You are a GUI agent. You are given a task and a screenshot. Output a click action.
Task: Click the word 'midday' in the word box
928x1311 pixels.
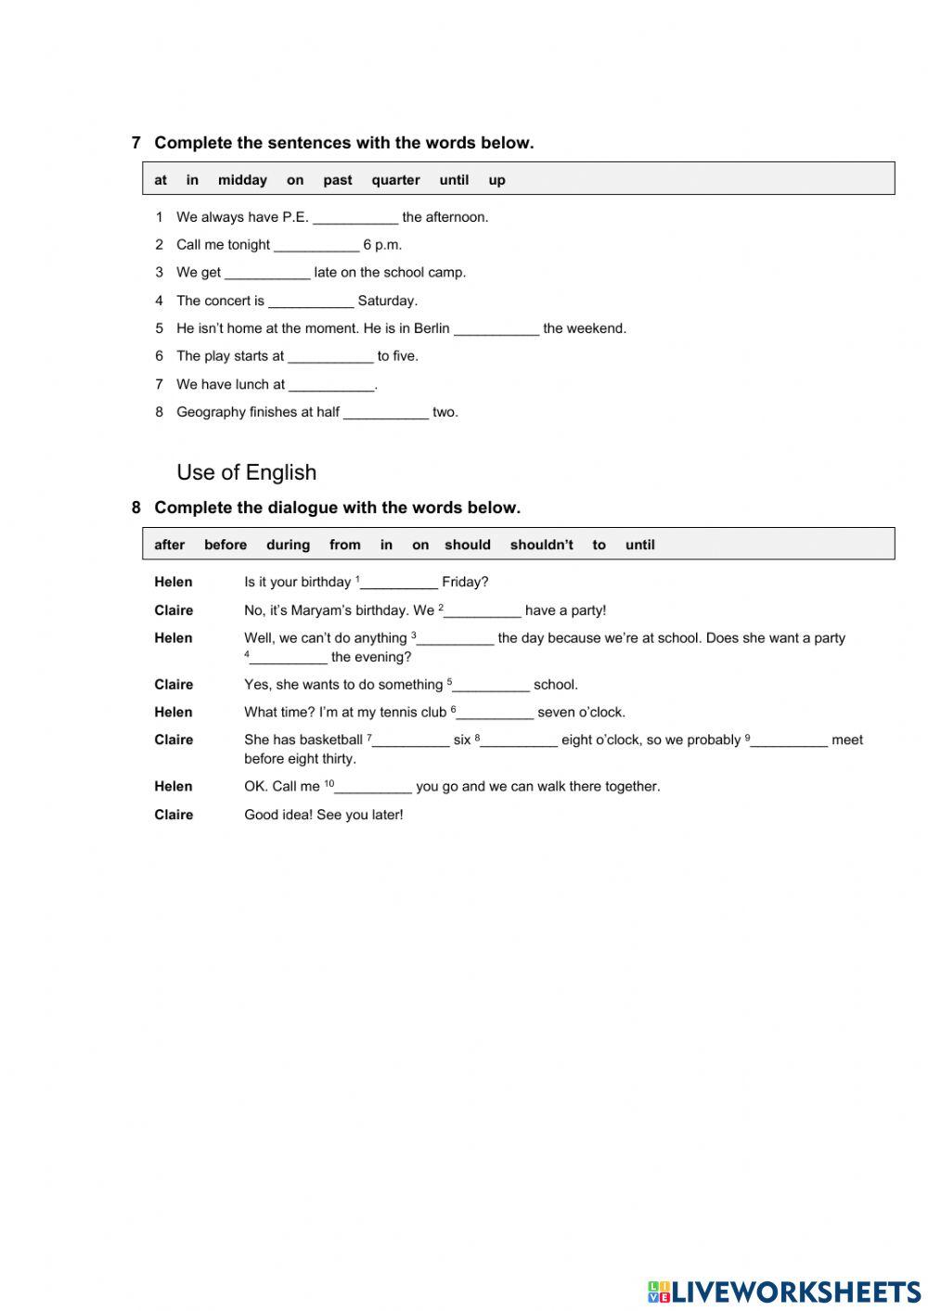point(242,180)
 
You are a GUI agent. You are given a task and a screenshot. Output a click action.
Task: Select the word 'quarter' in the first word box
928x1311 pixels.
point(395,180)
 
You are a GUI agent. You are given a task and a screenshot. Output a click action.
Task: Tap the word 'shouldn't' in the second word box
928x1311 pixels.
point(541,545)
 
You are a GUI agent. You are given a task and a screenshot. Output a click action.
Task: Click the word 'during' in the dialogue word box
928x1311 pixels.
point(288,545)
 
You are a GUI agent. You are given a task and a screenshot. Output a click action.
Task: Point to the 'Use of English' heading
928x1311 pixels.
point(246,472)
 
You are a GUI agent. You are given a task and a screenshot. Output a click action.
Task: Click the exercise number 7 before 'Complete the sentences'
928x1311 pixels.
point(136,143)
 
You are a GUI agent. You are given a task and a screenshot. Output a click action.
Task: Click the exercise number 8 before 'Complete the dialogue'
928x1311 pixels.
point(136,508)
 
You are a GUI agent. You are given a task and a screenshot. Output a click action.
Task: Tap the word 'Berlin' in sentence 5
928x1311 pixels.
point(432,328)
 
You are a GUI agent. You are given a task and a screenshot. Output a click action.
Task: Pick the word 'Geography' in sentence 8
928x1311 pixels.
point(211,412)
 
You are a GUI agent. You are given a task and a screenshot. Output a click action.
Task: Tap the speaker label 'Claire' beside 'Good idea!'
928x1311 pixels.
point(174,815)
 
